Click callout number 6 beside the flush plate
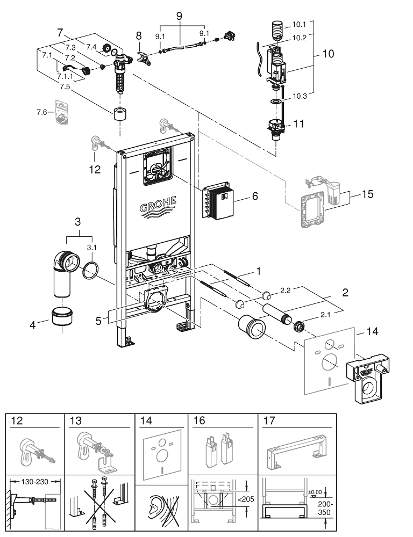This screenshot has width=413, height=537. coord(255,197)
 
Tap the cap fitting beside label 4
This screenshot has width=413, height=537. coord(63,318)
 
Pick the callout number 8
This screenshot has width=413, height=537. coord(138,36)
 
